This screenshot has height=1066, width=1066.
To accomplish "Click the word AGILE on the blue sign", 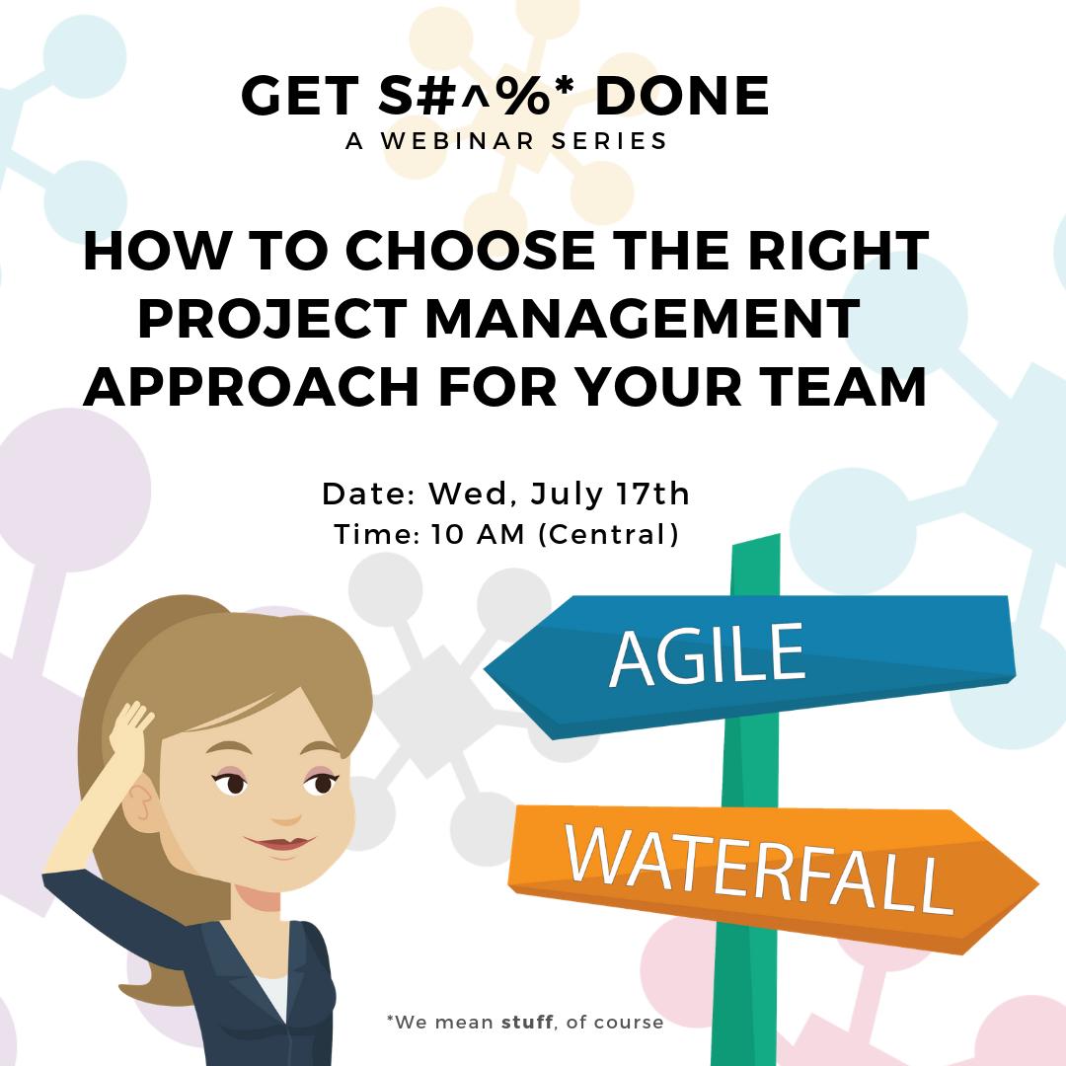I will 707,652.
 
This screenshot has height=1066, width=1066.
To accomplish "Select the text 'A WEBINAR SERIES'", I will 506,141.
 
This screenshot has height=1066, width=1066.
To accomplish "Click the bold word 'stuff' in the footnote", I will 528,1022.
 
